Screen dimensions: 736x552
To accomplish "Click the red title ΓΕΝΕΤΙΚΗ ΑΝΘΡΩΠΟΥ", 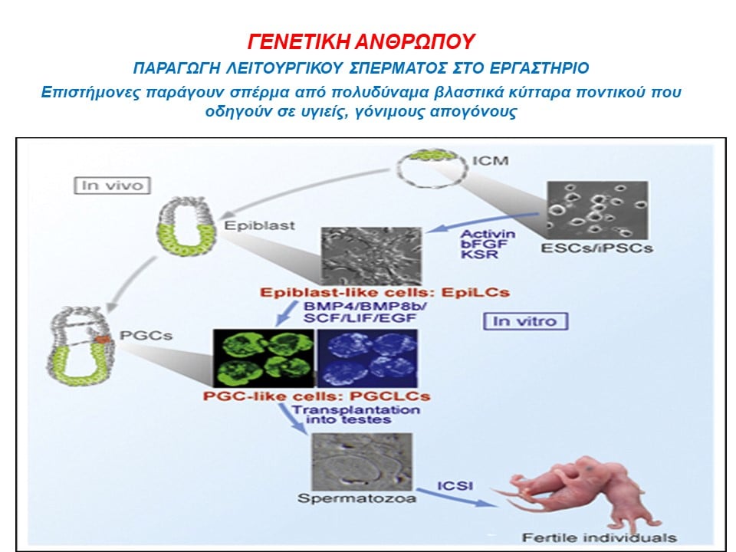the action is click(x=361, y=41).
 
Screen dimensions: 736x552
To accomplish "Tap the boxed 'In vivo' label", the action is click(x=112, y=186).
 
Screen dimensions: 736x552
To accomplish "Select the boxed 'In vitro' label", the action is click(x=525, y=321).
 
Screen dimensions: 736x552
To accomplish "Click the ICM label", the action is click(x=490, y=160).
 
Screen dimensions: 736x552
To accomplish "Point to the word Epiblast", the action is click(x=260, y=225).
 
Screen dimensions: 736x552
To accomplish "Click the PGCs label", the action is click(x=146, y=336).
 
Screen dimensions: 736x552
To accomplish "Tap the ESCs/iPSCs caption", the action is click(x=596, y=248).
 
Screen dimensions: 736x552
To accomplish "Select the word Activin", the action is click(x=488, y=234).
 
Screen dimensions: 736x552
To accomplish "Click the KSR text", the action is click(x=473, y=255).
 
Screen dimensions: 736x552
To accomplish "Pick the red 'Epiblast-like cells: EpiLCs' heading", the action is click(x=384, y=292).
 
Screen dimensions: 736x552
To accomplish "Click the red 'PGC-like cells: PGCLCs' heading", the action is click(x=317, y=396).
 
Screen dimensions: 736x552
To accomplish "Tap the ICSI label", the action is click(x=455, y=486).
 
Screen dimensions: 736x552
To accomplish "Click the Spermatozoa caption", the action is click(x=356, y=498).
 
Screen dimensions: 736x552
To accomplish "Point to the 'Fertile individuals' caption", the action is click(x=600, y=537).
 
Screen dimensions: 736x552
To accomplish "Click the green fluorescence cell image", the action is click(x=264, y=358).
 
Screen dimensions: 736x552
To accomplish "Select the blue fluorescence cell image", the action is click(x=367, y=358).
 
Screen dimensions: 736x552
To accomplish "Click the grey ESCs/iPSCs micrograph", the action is click(x=597, y=210).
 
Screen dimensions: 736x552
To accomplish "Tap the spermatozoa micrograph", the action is click(x=363, y=462).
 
